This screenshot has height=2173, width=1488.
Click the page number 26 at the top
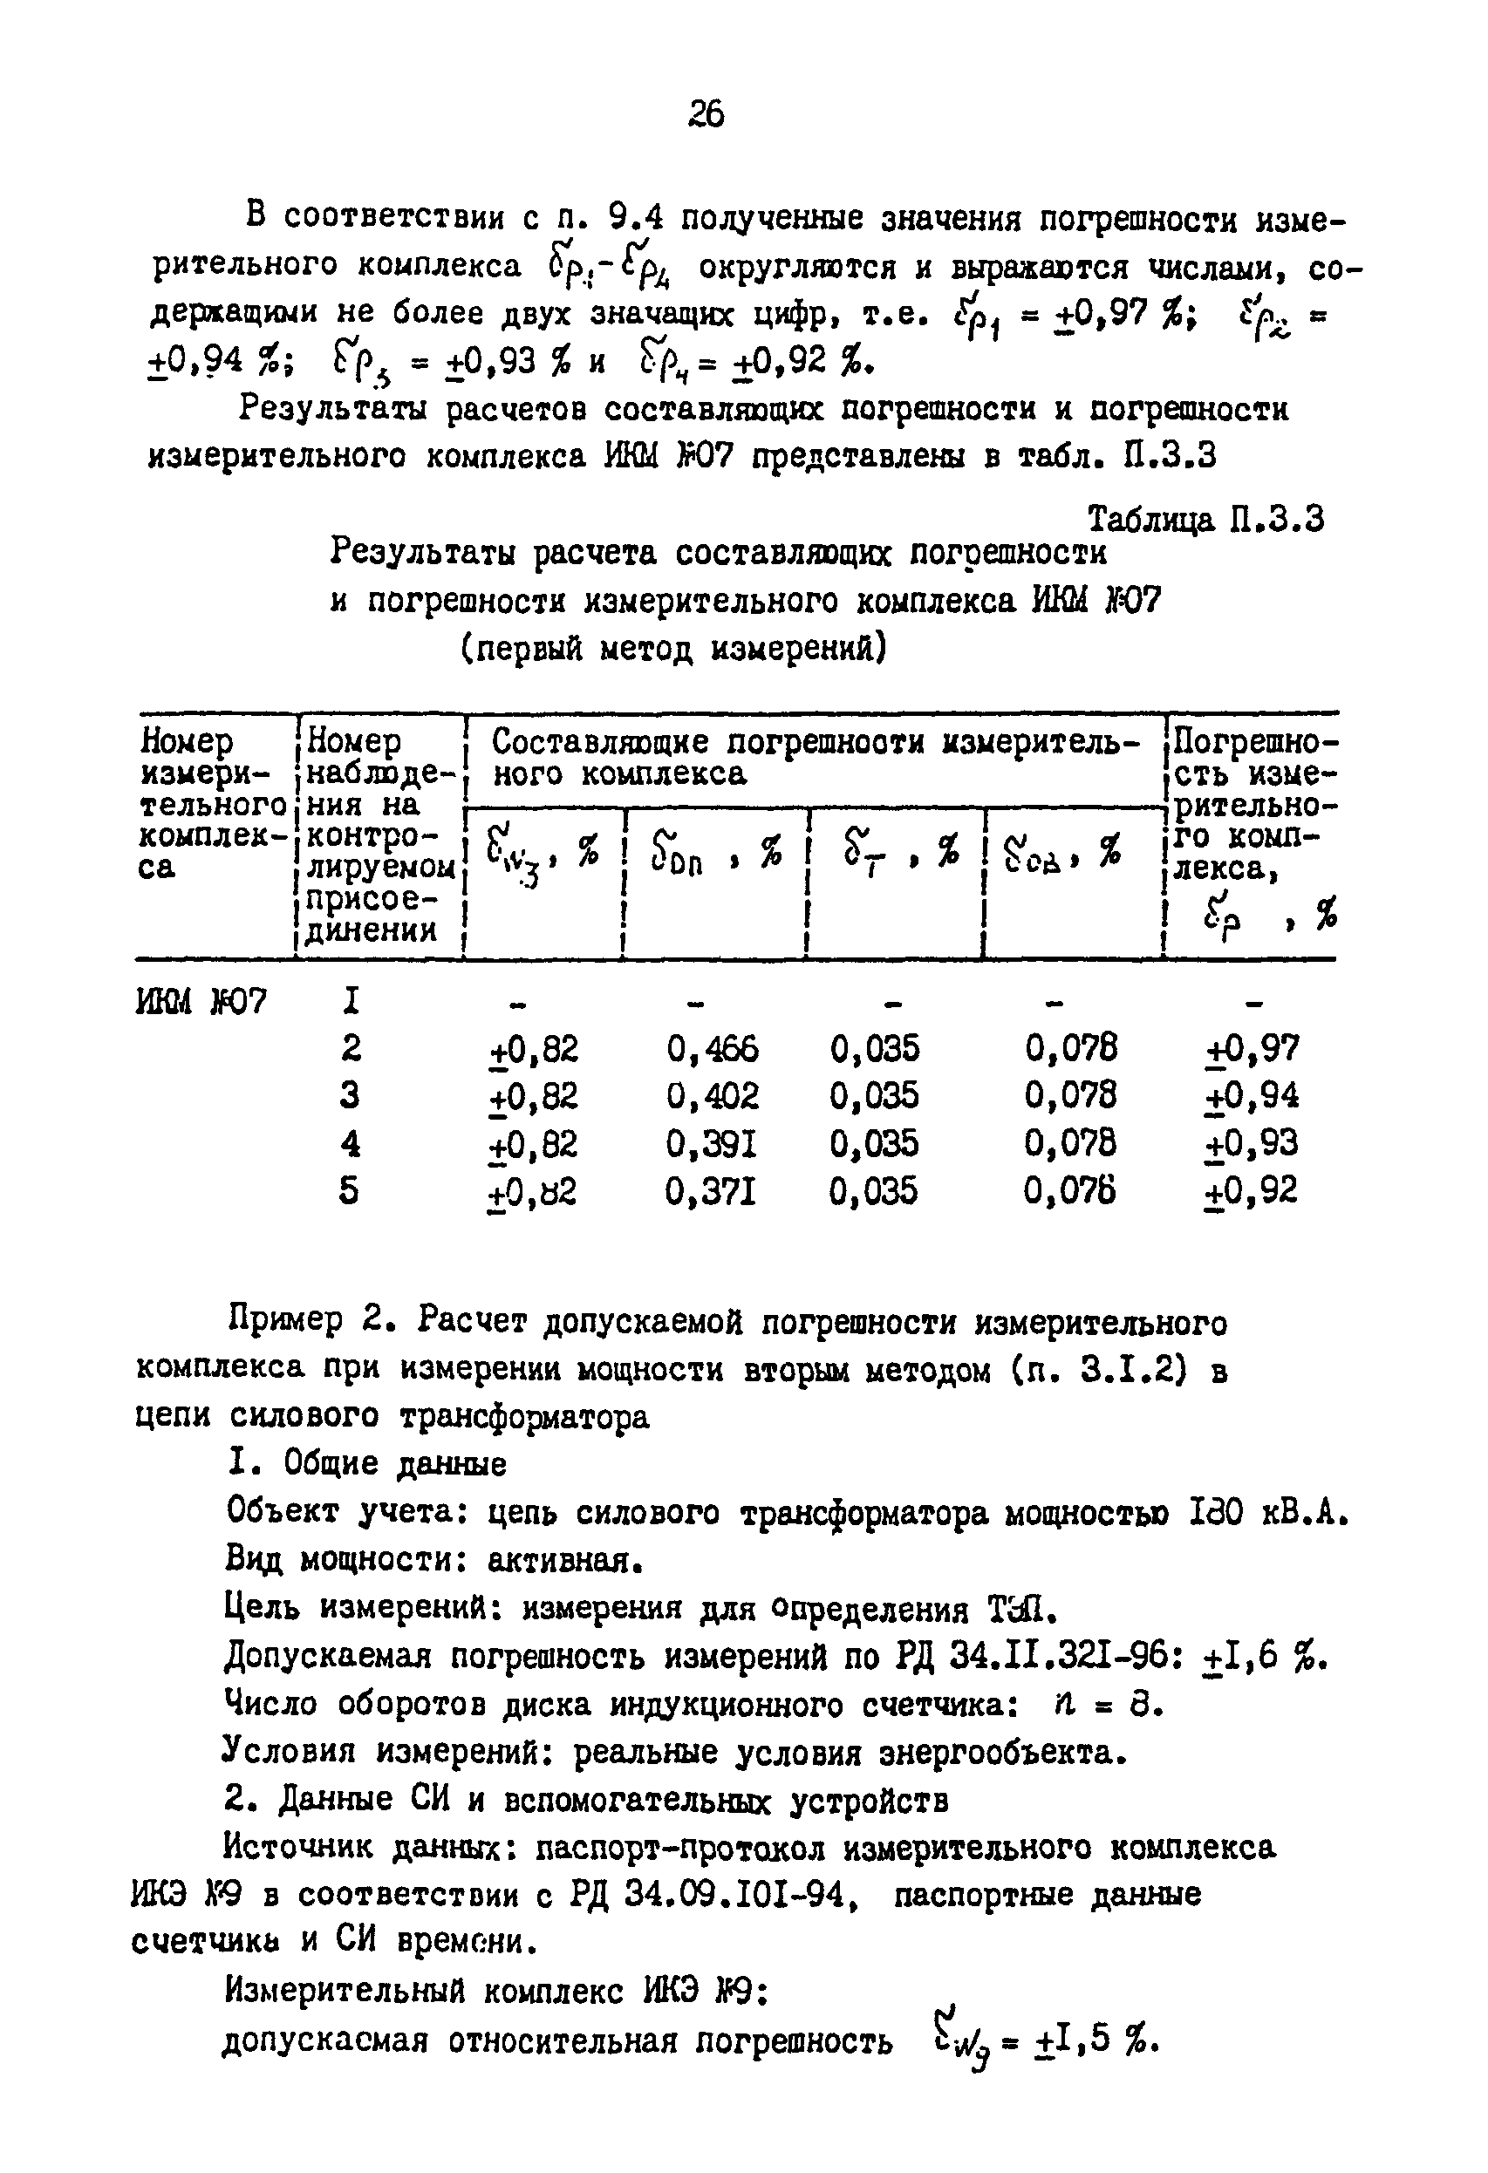[706, 113]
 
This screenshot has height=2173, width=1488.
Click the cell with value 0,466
[713, 1049]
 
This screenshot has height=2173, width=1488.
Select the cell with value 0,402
[713, 1096]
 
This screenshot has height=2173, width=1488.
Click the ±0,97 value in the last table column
[1252, 1049]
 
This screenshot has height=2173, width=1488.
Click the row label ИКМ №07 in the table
[201, 1002]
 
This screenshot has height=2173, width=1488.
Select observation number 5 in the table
[349, 1191]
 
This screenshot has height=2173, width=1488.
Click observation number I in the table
[351, 1001]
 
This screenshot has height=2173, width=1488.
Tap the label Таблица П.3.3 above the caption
[1205, 519]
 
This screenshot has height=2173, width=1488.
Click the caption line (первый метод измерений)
[673, 647]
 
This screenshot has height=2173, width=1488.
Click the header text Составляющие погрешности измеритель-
[816, 742]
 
